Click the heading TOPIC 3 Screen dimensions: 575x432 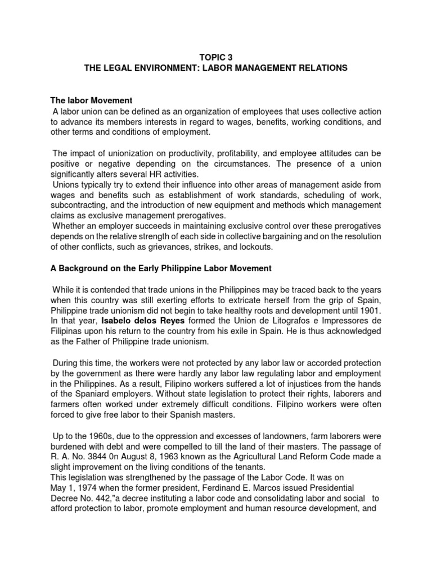(216, 57)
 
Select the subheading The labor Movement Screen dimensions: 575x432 (92, 101)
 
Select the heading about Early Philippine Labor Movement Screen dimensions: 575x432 (161, 269)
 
